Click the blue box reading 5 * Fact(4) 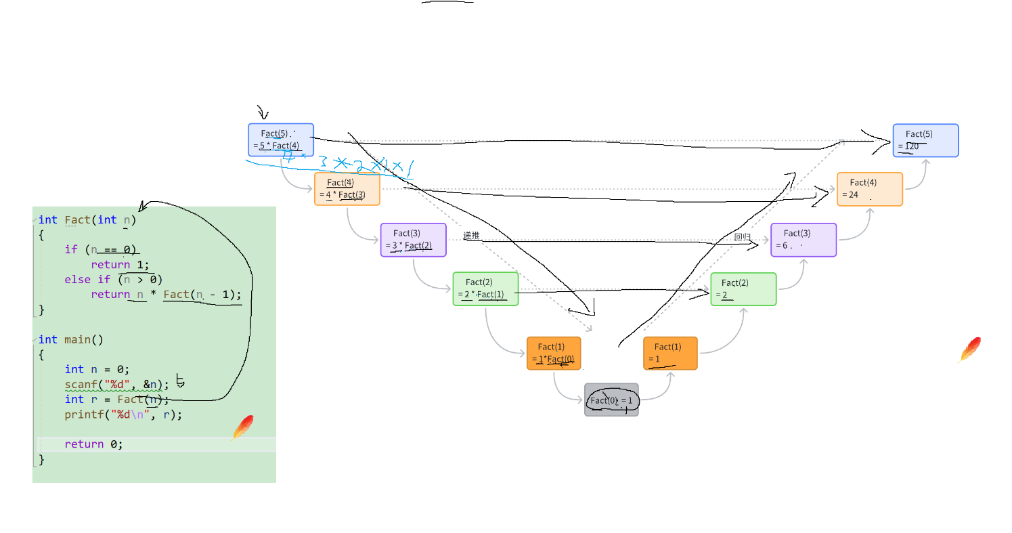pos(281,140)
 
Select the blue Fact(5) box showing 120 pos(925,140)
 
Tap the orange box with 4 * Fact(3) pos(347,189)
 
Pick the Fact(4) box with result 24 pos(869,189)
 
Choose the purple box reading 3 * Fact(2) pos(413,240)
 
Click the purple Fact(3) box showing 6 pos(804,240)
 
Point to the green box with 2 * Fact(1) pos(485,289)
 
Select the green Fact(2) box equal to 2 pos(743,289)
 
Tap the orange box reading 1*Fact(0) pos(554,353)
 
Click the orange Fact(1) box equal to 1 pos(670,353)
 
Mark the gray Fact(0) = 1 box pos(611,400)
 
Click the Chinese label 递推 pos(471,236)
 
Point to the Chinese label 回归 pos(743,237)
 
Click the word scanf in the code pos(81,385)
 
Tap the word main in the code pos(77,339)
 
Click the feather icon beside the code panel pos(242,428)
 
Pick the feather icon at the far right pos(969,349)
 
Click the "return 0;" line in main pos(94,444)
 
